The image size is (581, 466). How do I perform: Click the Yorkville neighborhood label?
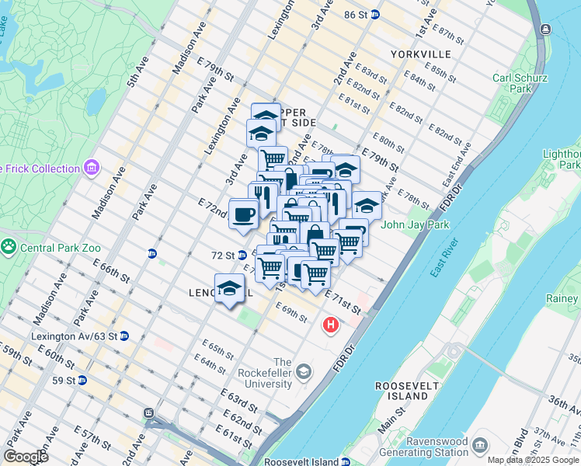421,54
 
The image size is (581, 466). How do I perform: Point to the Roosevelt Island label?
402,391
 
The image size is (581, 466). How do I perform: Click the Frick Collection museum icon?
92,168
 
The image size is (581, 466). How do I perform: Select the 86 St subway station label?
361,15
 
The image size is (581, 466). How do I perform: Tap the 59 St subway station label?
64,381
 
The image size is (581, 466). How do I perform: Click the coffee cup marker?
244,214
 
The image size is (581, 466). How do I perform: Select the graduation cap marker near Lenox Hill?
230,289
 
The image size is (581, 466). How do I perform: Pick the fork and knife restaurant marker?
263,196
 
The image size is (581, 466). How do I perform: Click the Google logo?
26,456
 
